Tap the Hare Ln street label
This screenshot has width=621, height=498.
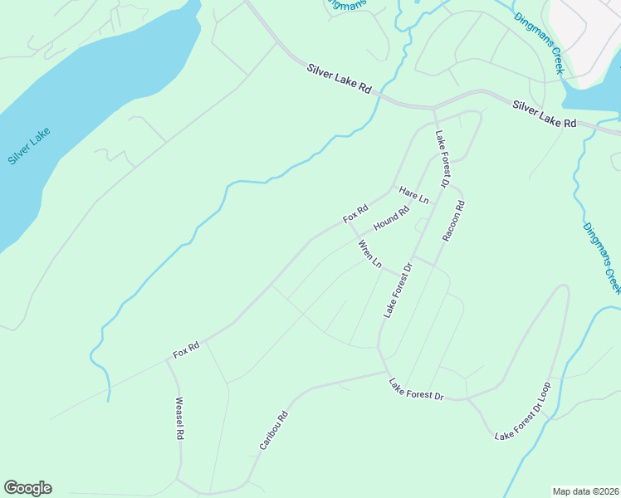tap(413, 196)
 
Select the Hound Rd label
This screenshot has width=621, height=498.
tap(392, 218)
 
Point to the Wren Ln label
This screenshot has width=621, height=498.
tap(369, 254)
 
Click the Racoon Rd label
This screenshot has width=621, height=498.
tap(453, 220)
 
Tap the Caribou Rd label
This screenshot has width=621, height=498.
tap(273, 431)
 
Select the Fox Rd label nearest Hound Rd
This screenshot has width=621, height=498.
tap(355, 214)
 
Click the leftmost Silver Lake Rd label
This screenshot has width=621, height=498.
tap(339, 82)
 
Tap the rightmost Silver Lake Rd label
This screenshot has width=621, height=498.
tap(544, 114)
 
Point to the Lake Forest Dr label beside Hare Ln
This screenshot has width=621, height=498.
tap(440, 159)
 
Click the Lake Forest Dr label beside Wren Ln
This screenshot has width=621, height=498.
tap(398, 290)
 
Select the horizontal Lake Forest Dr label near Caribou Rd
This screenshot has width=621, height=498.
tap(417, 389)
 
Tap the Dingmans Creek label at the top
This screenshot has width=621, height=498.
tap(538, 43)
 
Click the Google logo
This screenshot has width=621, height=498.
tap(27, 488)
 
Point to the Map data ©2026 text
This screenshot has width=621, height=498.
tap(585, 491)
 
